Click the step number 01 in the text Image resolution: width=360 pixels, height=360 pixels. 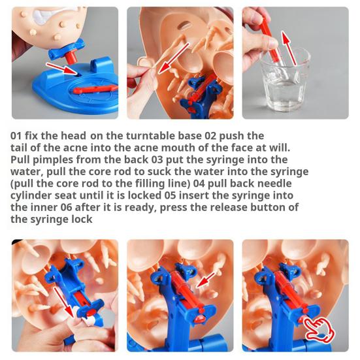pos(18,136)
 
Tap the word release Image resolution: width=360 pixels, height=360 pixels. pos(221,208)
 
